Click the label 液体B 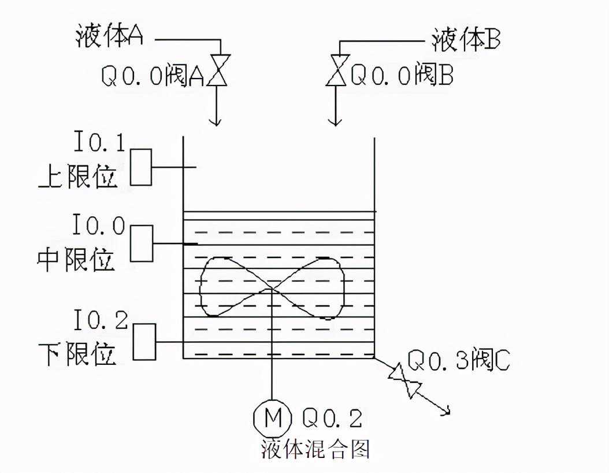point(466,39)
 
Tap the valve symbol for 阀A point(219,71)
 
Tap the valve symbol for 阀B point(337,71)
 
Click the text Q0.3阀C point(459,360)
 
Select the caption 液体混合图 point(315,449)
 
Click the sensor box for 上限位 point(140,167)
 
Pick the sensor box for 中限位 point(142,243)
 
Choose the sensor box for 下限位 point(144,342)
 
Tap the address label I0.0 point(98,226)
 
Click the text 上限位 point(78,177)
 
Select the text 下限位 point(77,353)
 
